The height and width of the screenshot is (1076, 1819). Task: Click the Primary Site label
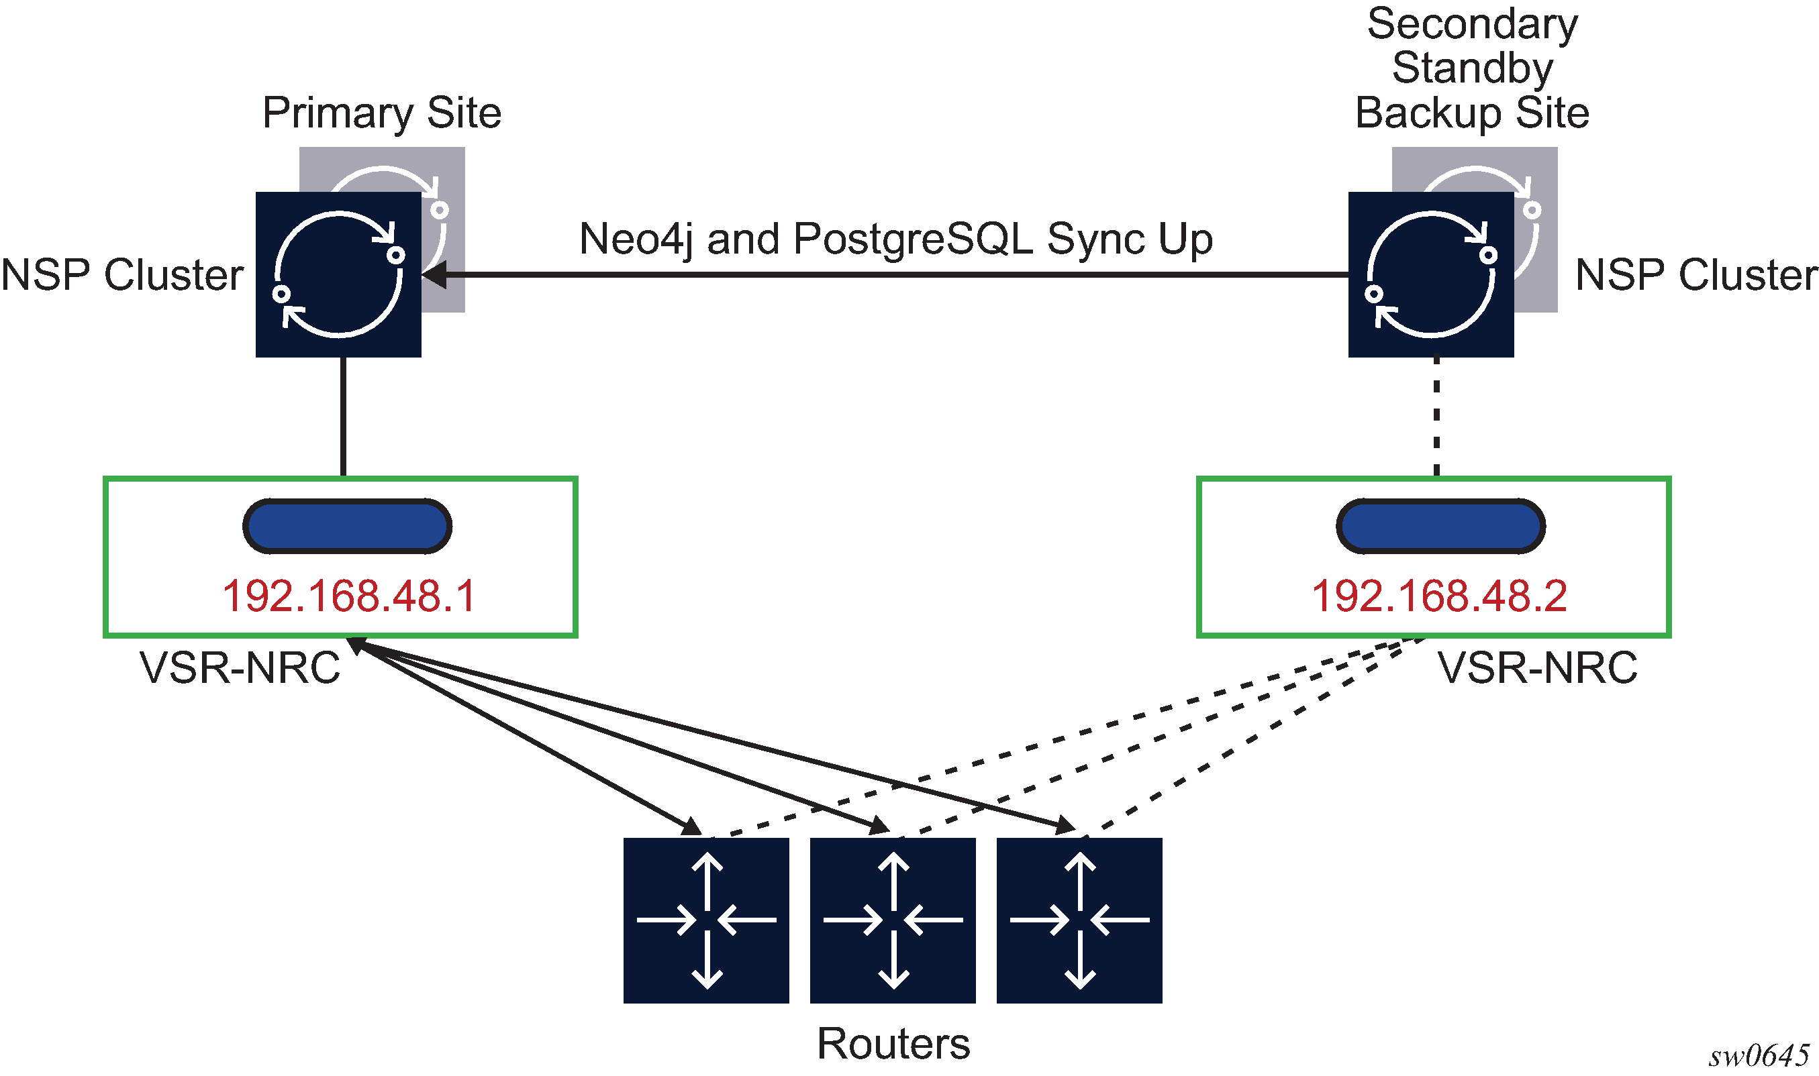(381, 113)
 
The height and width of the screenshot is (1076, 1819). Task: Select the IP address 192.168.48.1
(348, 596)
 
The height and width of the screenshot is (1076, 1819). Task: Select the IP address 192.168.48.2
(1439, 596)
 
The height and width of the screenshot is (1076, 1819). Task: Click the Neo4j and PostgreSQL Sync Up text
(895, 239)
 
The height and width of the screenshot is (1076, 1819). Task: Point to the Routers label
(893, 1043)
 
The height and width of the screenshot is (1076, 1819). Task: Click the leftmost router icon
(705, 920)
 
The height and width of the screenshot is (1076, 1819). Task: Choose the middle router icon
(892, 920)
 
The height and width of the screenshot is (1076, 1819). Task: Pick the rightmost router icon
(1079, 920)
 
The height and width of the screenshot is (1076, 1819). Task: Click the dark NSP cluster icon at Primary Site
(338, 275)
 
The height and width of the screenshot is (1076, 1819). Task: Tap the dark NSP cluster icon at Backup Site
(1430, 275)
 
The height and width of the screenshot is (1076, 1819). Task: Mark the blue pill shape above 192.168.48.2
(1440, 527)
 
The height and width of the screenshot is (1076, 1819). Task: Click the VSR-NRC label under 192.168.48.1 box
(240, 667)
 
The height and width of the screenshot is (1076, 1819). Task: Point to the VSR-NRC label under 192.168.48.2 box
(1537, 667)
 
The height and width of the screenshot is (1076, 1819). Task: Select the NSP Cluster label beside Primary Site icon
(122, 275)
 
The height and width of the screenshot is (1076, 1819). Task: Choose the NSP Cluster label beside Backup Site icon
(1695, 275)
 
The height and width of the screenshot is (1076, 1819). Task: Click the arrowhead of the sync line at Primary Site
(434, 275)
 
